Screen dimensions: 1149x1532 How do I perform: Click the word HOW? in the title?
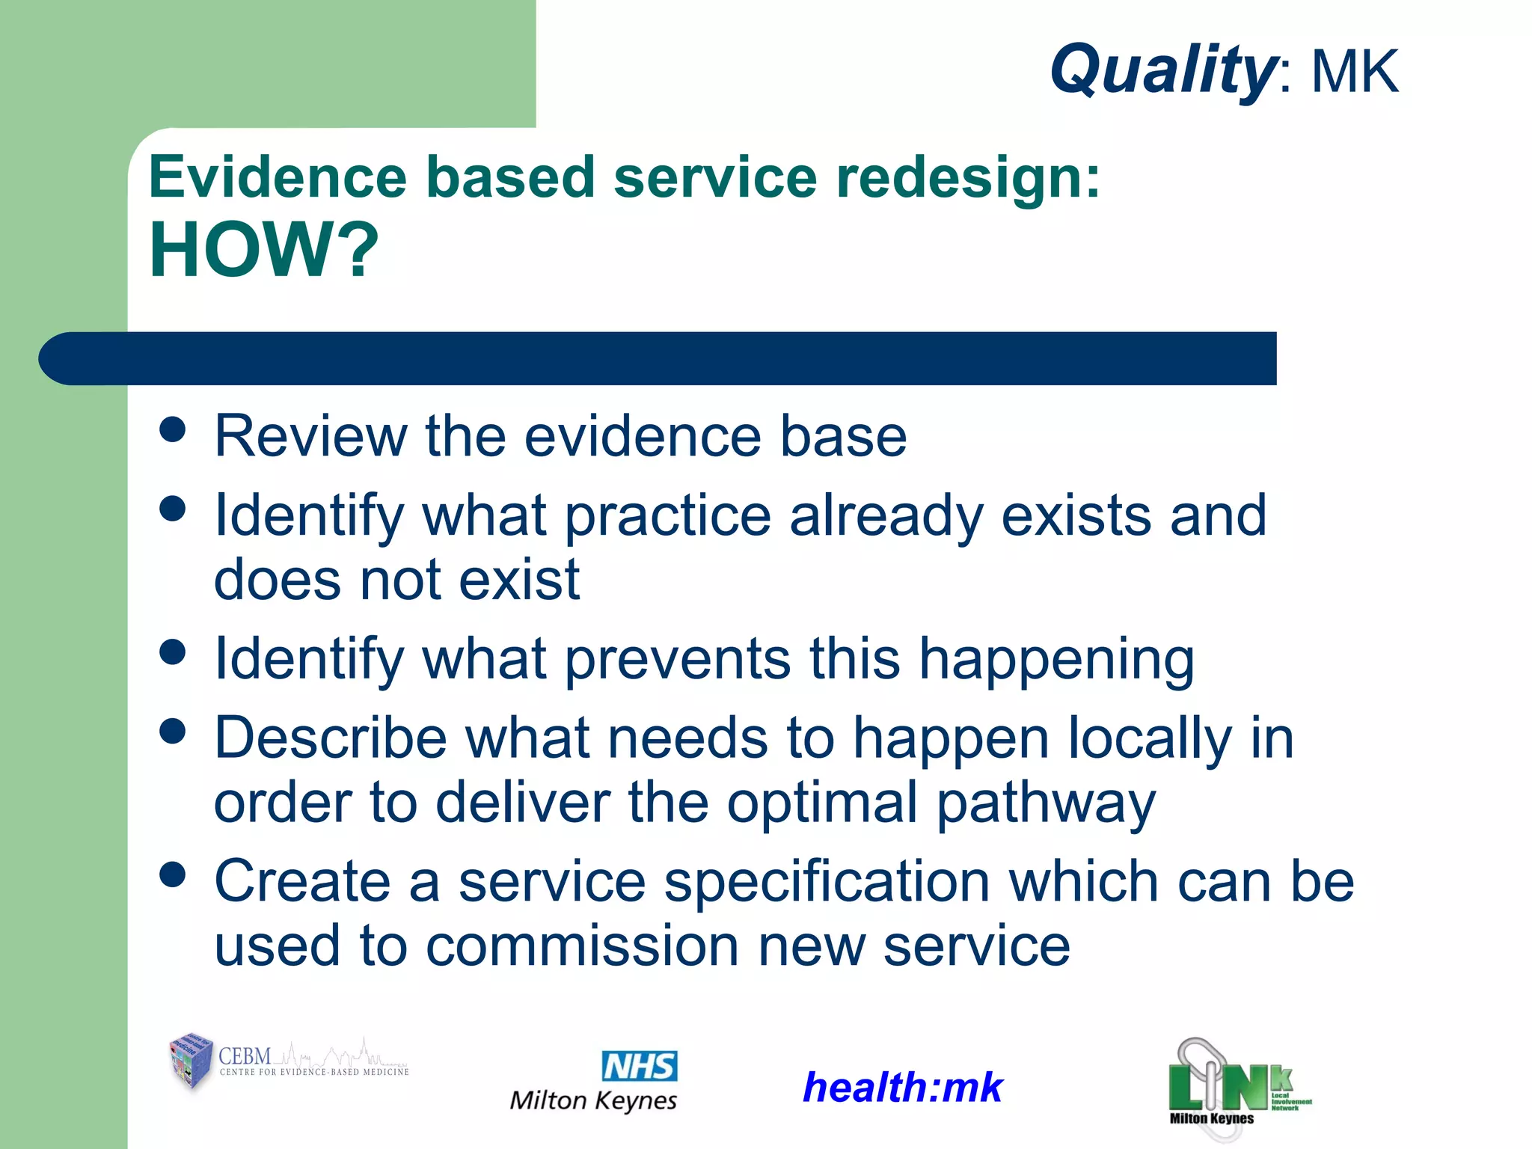pos(264,251)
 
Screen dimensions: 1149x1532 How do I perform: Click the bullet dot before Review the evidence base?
pos(173,429)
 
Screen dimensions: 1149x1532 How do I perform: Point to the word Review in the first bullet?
pos(310,436)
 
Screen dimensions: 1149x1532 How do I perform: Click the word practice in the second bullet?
pos(667,516)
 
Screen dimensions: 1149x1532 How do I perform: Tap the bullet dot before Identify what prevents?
pos(173,652)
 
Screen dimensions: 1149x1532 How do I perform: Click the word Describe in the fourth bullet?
pos(331,738)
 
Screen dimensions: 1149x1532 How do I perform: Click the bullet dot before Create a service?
pos(173,874)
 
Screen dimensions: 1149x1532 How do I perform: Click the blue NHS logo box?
pos(639,1066)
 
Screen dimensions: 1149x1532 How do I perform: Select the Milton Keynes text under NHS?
pos(593,1100)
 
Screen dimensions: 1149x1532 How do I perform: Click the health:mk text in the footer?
pos(902,1087)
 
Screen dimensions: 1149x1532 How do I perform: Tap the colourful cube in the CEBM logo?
pos(191,1060)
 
